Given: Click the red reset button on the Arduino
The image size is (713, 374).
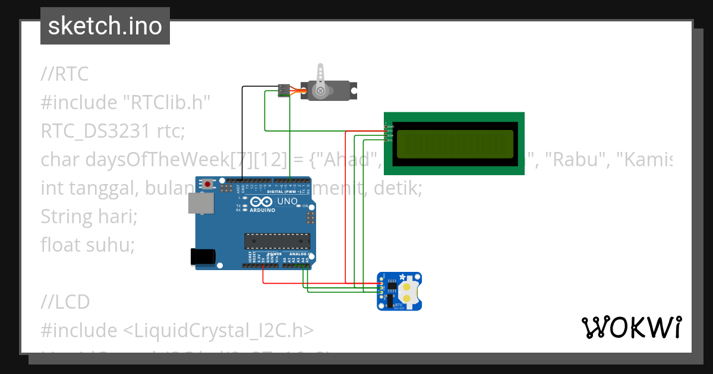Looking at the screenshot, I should click(207, 185).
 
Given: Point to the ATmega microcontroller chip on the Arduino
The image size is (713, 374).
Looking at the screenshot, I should click(277, 240).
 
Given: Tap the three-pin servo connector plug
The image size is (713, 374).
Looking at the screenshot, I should click(283, 90).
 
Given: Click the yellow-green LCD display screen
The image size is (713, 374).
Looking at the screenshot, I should click(455, 144).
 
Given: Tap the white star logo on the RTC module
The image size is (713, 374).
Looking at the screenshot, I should click(402, 277).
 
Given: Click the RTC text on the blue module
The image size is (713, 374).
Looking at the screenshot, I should click(399, 304).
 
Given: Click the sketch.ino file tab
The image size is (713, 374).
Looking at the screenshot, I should click(105, 26).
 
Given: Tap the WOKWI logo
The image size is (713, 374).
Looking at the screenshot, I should click(631, 327).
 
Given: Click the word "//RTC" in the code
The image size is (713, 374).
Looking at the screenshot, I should click(64, 74).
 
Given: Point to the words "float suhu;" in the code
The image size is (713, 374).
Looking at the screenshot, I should click(88, 245).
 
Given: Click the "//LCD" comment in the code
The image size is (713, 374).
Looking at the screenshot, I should click(65, 302).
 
